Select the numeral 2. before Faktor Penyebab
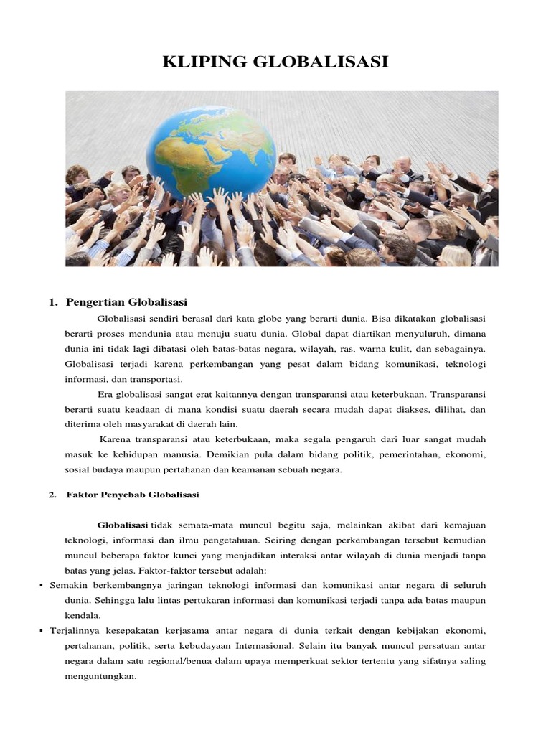pyautogui.click(x=52, y=495)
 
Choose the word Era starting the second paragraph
pyautogui.click(x=105, y=394)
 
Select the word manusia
pyautogui.click(x=182, y=454)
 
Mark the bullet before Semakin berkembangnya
pyautogui.click(x=41, y=586)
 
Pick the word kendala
pyautogui.click(x=83, y=615)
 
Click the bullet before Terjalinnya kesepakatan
pyautogui.click(x=41, y=631)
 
